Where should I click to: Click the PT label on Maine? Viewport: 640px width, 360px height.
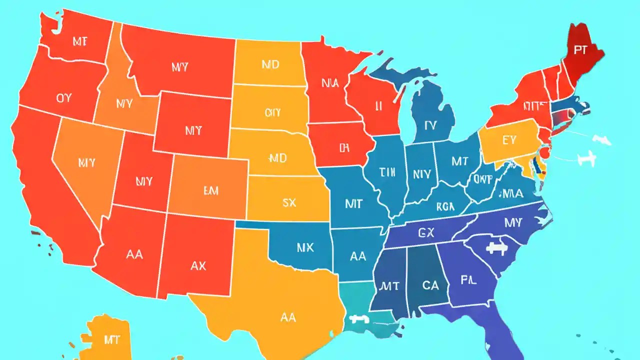[x=580, y=50]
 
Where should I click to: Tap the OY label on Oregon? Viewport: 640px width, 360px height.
[x=64, y=98]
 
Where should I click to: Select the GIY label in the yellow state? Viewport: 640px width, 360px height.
[x=272, y=113]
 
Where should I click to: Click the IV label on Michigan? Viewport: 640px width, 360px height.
[x=430, y=126]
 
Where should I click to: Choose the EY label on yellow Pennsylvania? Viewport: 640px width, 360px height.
[x=509, y=140]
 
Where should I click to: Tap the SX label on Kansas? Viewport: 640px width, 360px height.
[x=289, y=202]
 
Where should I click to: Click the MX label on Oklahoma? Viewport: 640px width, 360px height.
[x=305, y=247]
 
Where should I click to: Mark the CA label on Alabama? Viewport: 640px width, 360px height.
[x=430, y=285]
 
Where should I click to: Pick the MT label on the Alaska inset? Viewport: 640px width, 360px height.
[x=112, y=340]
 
